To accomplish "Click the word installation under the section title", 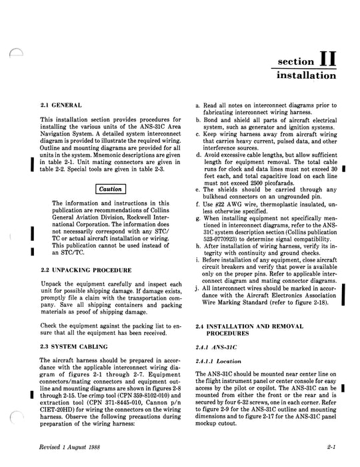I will click(x=305, y=75).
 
